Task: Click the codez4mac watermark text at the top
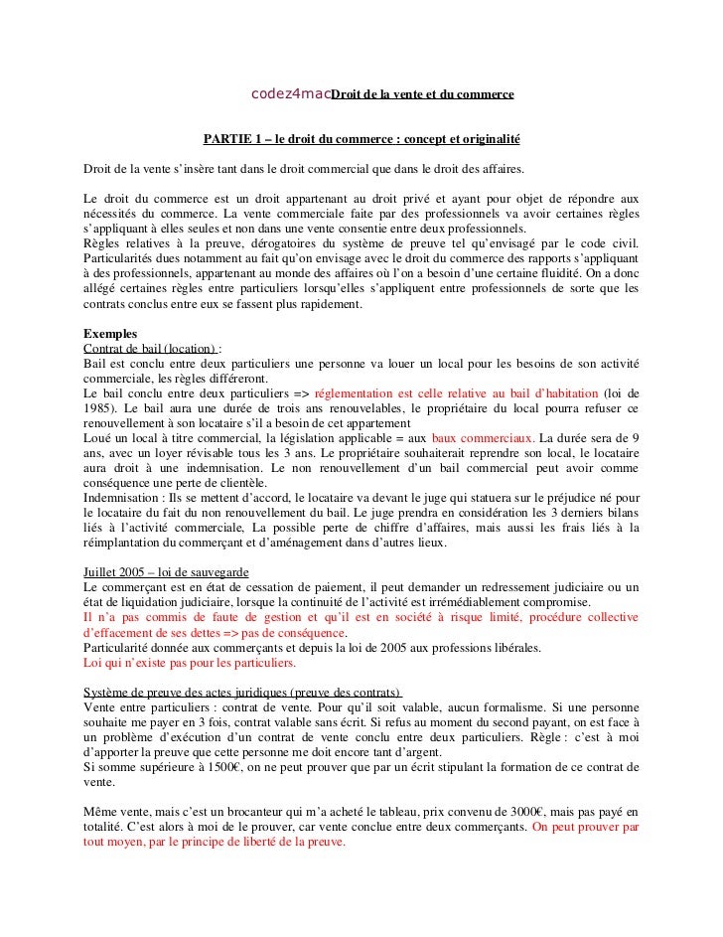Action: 290,94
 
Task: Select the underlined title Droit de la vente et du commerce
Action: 421,95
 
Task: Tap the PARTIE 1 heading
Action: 361,137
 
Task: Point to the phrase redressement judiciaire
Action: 544,589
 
